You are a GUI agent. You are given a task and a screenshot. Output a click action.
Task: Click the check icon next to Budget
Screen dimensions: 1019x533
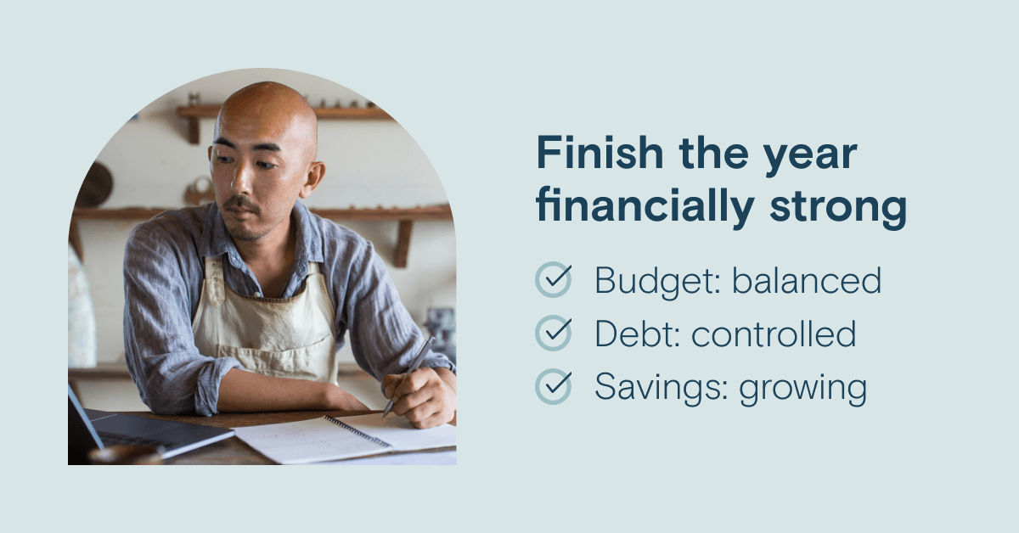(554, 280)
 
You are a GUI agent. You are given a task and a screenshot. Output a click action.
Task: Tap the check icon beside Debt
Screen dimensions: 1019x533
(554, 333)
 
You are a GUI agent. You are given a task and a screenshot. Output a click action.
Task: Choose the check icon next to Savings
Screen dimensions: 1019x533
(554, 386)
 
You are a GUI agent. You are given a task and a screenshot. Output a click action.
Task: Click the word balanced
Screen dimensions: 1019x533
(807, 280)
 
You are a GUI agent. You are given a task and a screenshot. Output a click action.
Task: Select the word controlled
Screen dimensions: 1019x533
(774, 334)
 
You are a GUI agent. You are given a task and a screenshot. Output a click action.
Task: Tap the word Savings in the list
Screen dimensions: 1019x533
(662, 388)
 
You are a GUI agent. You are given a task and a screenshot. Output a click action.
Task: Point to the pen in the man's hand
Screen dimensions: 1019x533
(409, 376)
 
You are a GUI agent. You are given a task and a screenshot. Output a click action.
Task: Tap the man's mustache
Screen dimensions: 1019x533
(241, 204)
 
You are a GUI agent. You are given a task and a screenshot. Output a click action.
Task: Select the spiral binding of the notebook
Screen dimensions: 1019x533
(357, 430)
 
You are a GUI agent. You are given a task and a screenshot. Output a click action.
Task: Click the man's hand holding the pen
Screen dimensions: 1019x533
(419, 397)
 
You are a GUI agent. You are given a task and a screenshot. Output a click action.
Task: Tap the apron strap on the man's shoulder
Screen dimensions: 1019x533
(214, 280)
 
